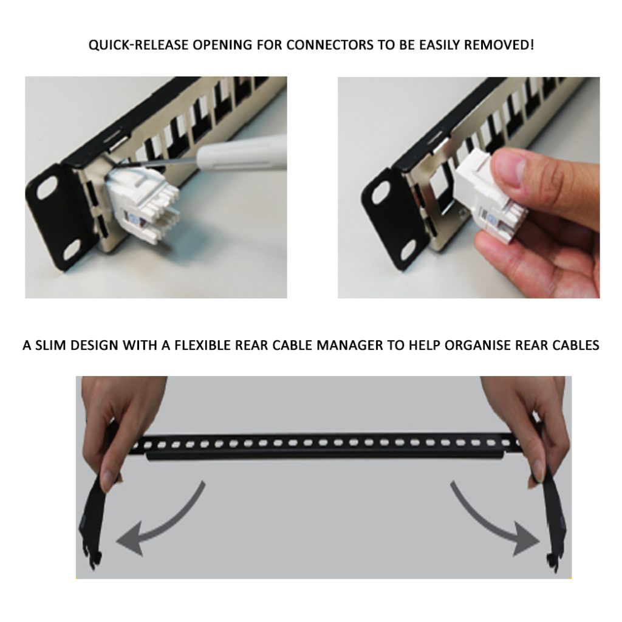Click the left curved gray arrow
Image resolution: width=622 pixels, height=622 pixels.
[x=158, y=522]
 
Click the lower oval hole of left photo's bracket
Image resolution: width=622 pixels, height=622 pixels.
[x=71, y=248]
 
